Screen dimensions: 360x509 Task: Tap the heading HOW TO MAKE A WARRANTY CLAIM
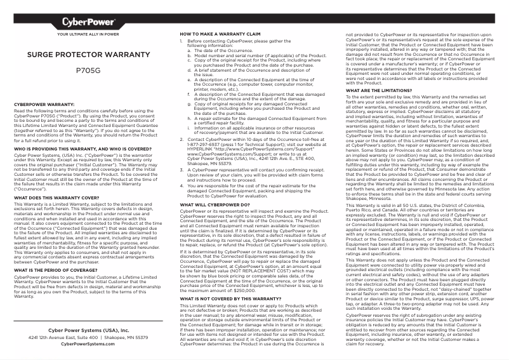tap(220, 33)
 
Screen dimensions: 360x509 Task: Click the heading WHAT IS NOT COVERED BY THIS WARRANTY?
tap(226, 298)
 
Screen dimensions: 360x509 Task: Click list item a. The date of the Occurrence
tap(222, 50)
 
